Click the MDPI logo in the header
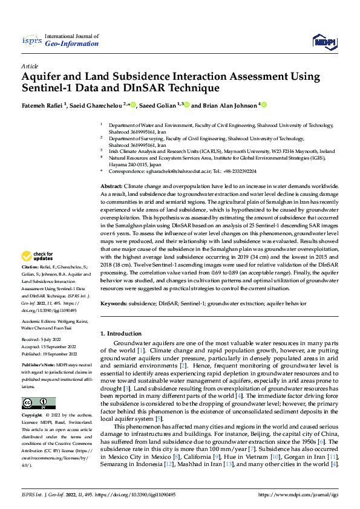324,41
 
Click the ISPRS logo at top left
31,41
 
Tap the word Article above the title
30,66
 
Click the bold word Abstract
112,186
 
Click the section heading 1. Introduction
120,333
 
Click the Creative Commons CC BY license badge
39,403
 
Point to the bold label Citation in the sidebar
30,284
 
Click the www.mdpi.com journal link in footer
301,494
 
